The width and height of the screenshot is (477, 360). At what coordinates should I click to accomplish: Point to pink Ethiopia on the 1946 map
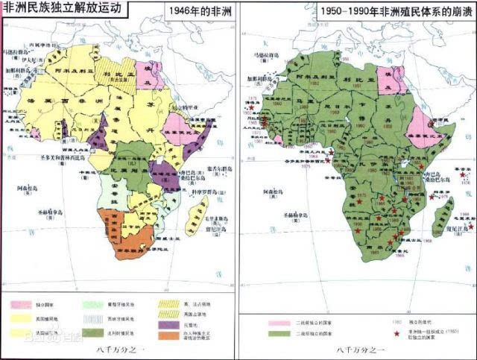[179, 127]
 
